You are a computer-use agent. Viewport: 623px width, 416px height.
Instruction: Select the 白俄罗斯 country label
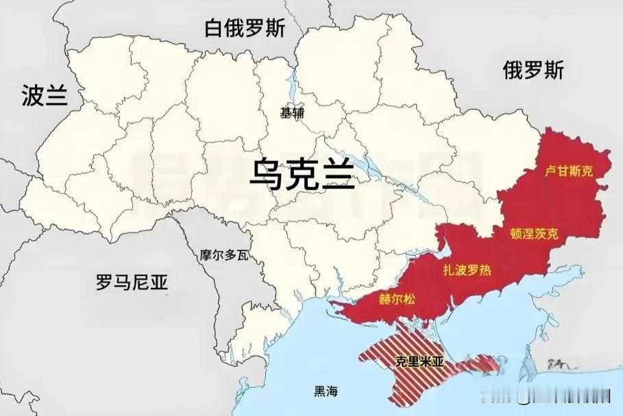pos(245,28)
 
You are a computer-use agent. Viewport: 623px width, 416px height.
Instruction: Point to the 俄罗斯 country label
pos(533,70)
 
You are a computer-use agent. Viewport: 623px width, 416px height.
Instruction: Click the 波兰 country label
pos(45,96)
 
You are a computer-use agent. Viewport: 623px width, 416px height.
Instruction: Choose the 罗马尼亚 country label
pos(132,282)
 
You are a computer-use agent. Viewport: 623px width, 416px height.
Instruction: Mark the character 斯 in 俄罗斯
pos(552,70)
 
